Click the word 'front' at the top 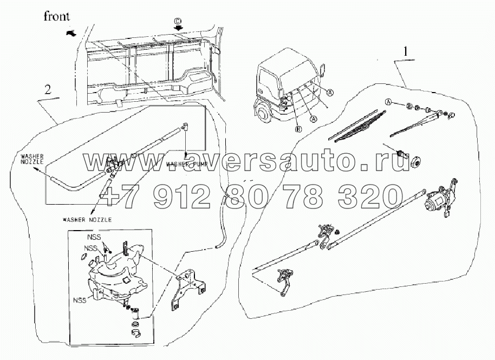click(57, 16)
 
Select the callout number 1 click(405, 53)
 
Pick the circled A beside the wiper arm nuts click(388, 102)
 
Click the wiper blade click(359, 126)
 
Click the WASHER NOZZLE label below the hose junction click(88, 220)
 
